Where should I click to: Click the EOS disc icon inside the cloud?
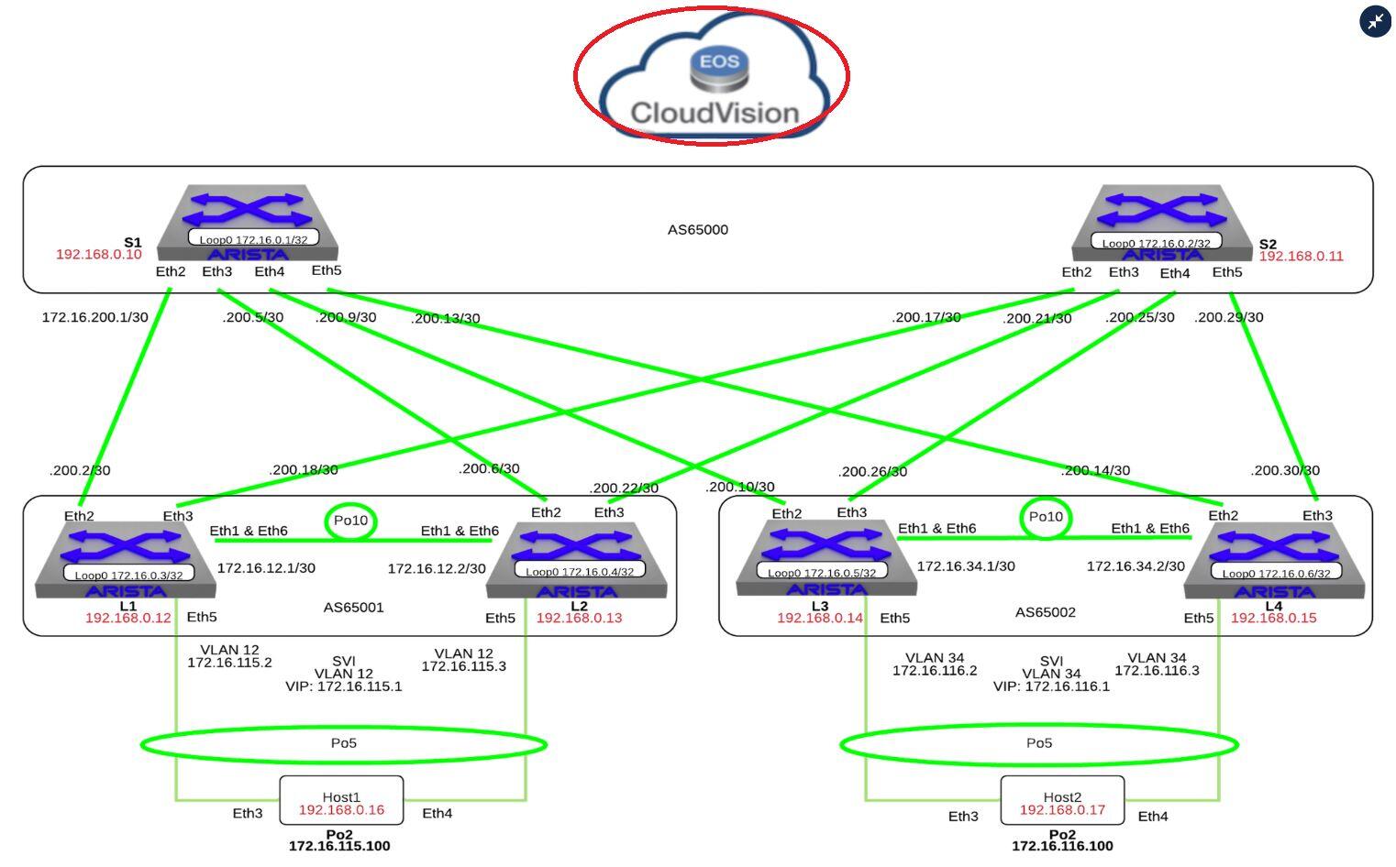(715, 70)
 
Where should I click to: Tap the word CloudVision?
(715, 113)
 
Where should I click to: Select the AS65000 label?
(698, 229)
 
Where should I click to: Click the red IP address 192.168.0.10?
(99, 254)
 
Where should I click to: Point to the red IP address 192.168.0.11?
(1301, 257)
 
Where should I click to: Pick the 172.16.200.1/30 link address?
(94, 317)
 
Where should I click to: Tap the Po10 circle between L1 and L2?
(350, 521)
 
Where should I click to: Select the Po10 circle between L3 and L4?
(1046, 517)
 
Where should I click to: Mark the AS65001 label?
(353, 607)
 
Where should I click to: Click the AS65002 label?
(1046, 612)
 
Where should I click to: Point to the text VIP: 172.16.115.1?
(344, 686)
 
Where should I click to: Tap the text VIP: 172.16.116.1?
(1051, 686)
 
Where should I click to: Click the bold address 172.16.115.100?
(339, 846)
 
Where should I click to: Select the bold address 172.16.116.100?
(1062, 846)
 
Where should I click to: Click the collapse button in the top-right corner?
(1375, 21)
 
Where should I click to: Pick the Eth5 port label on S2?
(1227, 272)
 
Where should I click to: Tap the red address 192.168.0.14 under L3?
(820, 618)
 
